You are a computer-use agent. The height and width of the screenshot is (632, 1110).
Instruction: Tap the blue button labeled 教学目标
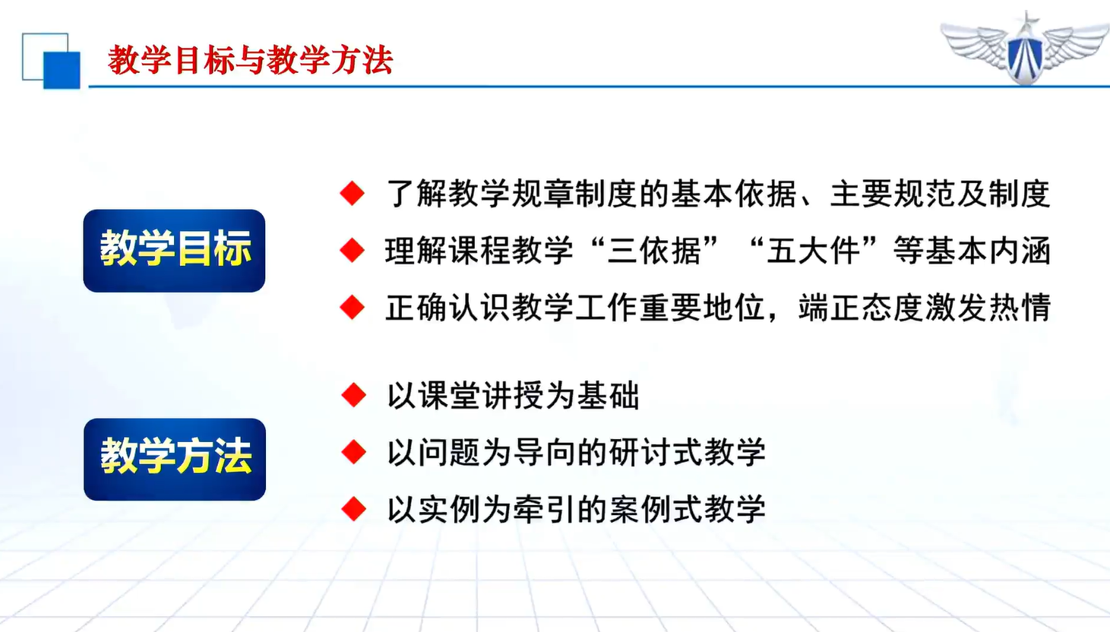174,251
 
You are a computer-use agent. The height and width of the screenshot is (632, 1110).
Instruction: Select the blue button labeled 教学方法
175,459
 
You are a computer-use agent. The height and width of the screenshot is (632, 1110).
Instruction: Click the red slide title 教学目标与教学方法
250,60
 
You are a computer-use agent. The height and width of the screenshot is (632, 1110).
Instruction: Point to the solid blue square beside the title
62,70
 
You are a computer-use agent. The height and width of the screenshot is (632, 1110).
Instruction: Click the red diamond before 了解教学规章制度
353,193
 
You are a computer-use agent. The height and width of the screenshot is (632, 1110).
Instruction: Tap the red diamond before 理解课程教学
353,250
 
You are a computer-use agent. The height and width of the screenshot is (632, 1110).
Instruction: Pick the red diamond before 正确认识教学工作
353,308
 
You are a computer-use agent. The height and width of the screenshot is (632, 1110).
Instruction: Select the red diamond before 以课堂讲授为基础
354,395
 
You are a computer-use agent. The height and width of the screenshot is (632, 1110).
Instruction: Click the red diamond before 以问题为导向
354,452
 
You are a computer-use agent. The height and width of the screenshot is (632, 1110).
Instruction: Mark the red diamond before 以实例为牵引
354,509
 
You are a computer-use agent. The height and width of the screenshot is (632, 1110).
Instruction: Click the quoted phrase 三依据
655,251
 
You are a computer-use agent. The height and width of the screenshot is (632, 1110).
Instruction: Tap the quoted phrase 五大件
813,251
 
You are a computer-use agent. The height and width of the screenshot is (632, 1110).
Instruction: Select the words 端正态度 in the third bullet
860,308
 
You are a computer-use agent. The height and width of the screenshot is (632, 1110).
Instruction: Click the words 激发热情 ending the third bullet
987,308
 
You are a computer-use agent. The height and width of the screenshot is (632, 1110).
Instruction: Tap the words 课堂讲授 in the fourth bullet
480,395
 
